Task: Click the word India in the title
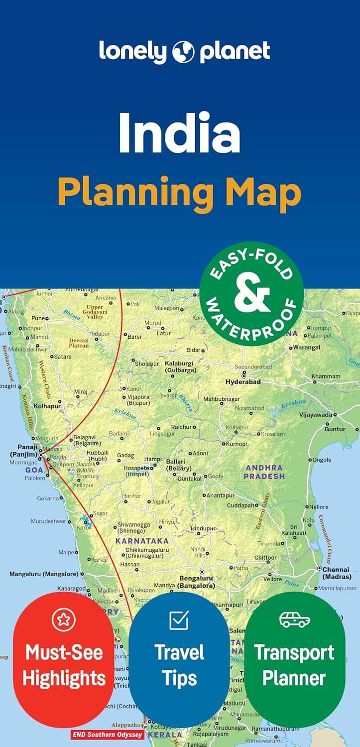coord(179,133)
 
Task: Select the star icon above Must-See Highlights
coord(64,620)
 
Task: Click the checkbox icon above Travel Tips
coord(179,620)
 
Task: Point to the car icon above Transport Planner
coord(294,620)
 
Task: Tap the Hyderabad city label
coord(243,382)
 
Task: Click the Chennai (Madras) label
coord(337,573)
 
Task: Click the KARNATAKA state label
coord(142,541)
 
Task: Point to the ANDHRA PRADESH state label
coord(264,472)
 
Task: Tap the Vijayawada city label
coord(315,414)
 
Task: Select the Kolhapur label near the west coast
coord(47,406)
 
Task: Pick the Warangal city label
coord(306,347)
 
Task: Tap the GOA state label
coord(34,470)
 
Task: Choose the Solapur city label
coord(146,364)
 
